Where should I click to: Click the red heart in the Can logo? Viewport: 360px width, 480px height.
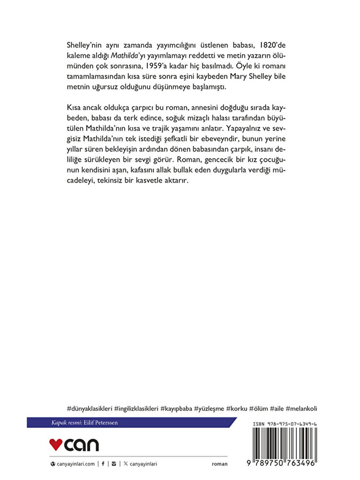coord(56,445)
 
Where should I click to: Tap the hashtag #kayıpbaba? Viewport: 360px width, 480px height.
coord(176,409)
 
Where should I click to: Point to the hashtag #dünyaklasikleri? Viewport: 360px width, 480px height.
coord(89,409)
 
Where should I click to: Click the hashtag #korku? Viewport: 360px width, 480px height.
coord(236,409)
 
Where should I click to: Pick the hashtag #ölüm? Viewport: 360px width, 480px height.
coord(258,409)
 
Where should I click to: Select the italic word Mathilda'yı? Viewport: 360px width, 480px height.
coord(127,56)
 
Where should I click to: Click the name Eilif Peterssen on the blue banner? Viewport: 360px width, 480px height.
coord(101,422)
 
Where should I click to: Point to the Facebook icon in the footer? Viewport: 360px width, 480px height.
coord(103,464)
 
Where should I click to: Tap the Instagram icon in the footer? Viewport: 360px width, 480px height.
coord(114,464)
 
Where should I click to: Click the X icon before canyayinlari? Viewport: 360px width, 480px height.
coord(126,464)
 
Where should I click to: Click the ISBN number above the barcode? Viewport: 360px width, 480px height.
coord(285,424)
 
